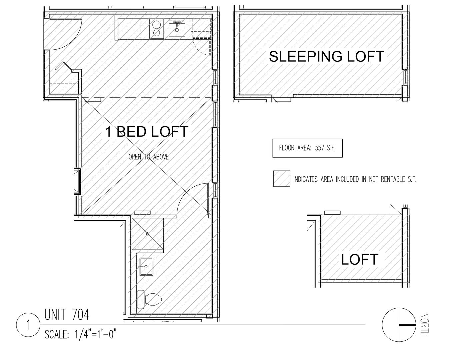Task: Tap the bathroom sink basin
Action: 146,266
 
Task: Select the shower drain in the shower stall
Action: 147,234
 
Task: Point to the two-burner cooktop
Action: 156,28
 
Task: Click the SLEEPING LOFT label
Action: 326,56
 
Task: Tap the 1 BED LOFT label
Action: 147,132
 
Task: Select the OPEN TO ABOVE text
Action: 148,157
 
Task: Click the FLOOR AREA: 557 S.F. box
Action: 307,148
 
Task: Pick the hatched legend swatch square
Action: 281,179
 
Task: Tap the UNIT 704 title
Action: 67,315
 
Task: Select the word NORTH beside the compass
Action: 424,325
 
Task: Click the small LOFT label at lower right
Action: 359,259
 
